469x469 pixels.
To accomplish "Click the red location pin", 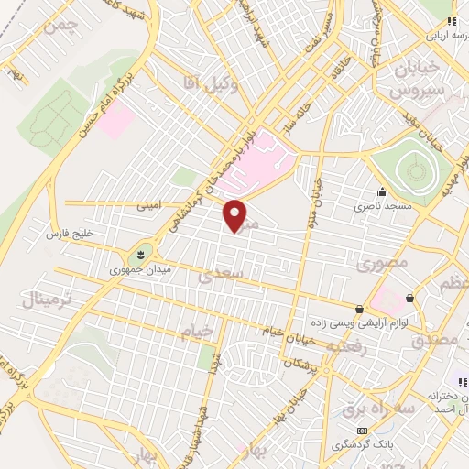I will pyautogui.click(x=236, y=214).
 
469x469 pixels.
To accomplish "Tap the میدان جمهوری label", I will pyautogui.click(x=134, y=269).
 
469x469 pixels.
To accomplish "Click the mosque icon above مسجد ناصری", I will pyautogui.click(x=382, y=192).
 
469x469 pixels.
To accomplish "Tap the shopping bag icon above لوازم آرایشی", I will pyautogui.click(x=362, y=309).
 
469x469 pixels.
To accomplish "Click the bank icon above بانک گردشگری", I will pyautogui.click(x=363, y=430).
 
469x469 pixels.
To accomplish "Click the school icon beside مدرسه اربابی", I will pyautogui.click(x=448, y=21).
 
